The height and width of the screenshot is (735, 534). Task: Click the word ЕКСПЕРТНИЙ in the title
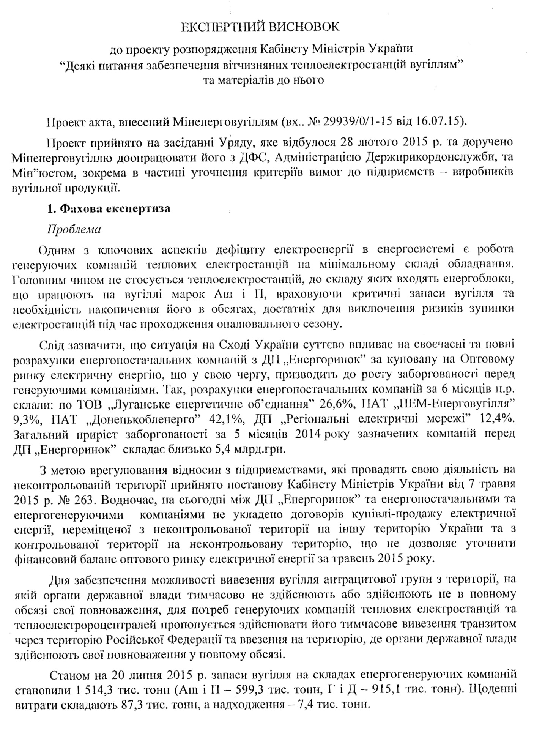[222, 27]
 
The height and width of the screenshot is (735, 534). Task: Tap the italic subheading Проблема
[74, 230]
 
